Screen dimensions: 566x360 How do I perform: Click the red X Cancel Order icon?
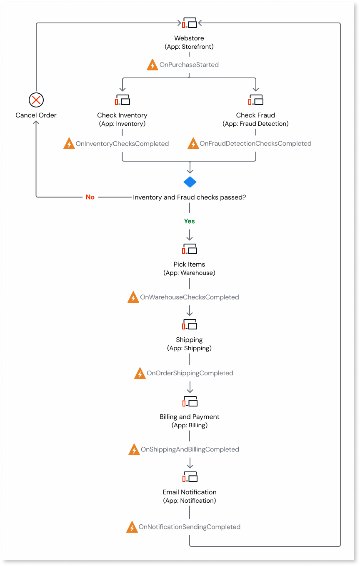click(36, 100)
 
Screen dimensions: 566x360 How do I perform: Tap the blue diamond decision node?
click(190, 182)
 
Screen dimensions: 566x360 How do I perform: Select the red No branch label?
click(90, 197)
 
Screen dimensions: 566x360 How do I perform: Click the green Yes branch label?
click(190, 221)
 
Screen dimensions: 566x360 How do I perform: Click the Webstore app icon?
click(190, 23)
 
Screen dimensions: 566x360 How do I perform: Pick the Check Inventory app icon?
click(122, 100)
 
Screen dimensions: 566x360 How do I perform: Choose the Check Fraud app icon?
click(256, 100)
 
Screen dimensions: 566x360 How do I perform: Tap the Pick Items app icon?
click(190, 249)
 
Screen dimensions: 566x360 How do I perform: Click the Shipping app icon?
click(190, 325)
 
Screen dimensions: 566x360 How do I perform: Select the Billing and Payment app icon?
click(190, 401)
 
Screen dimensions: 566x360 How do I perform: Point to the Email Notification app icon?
click(190, 477)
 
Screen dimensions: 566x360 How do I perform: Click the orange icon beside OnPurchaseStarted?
click(153, 65)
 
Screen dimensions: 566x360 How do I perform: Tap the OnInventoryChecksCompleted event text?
click(122, 144)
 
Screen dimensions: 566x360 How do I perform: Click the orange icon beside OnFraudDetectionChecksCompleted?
click(193, 144)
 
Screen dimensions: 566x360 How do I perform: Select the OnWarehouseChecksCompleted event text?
click(190, 297)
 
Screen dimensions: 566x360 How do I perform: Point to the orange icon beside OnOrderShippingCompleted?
click(140, 374)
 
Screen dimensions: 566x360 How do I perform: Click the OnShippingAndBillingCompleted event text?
click(190, 449)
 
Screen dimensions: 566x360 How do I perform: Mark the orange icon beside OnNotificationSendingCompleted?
click(132, 527)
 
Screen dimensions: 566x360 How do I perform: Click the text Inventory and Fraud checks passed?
click(190, 197)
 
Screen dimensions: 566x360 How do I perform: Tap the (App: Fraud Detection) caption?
click(256, 124)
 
